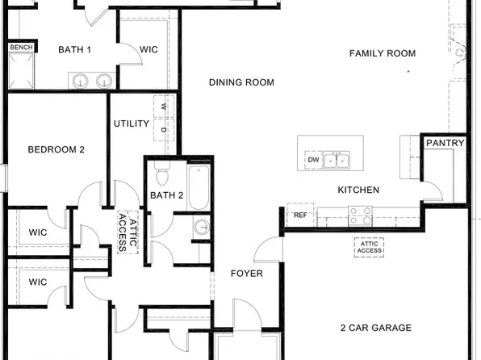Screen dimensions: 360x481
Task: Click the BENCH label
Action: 20,48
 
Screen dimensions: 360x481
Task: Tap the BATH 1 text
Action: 74,50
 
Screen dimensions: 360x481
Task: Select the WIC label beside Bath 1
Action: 148,50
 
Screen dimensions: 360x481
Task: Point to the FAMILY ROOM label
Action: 382,53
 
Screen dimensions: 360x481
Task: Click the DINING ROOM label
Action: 241,82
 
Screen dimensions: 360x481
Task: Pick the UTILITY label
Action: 131,123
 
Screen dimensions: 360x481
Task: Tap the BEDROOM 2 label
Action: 56,149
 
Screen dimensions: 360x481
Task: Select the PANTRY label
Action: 445,143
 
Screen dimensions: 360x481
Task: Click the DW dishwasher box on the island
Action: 313,161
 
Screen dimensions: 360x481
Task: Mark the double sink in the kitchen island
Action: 338,161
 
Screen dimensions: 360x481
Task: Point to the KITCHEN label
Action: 358,190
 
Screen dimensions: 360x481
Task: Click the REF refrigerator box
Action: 300,216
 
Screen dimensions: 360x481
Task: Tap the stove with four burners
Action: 360,216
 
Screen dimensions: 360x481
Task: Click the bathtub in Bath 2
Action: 199,186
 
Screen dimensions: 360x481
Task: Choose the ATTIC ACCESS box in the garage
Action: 370,247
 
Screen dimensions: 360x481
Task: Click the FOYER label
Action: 247,274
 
